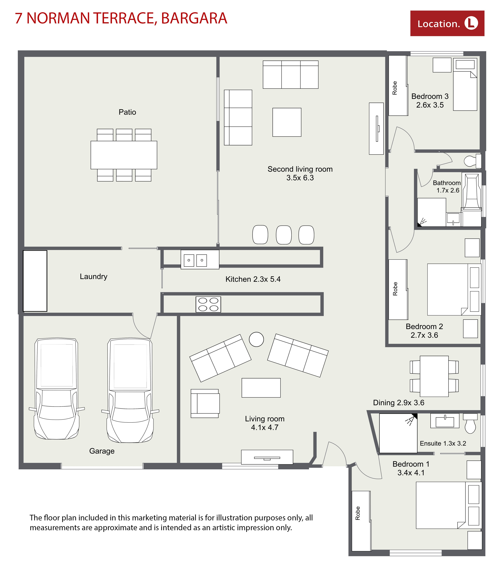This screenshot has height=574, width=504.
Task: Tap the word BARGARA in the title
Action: (x=194, y=18)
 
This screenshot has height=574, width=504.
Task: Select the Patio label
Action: (x=127, y=112)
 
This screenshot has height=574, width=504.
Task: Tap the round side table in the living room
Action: (x=256, y=339)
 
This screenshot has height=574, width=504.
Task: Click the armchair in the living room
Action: (x=205, y=403)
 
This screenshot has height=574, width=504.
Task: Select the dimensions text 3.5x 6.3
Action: (x=300, y=178)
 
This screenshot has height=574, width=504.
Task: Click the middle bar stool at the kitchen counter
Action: (x=284, y=235)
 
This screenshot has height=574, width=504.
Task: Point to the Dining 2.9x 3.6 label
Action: (x=398, y=403)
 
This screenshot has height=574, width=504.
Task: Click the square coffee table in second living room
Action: (x=287, y=122)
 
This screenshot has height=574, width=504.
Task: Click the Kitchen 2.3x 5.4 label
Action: (x=253, y=279)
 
